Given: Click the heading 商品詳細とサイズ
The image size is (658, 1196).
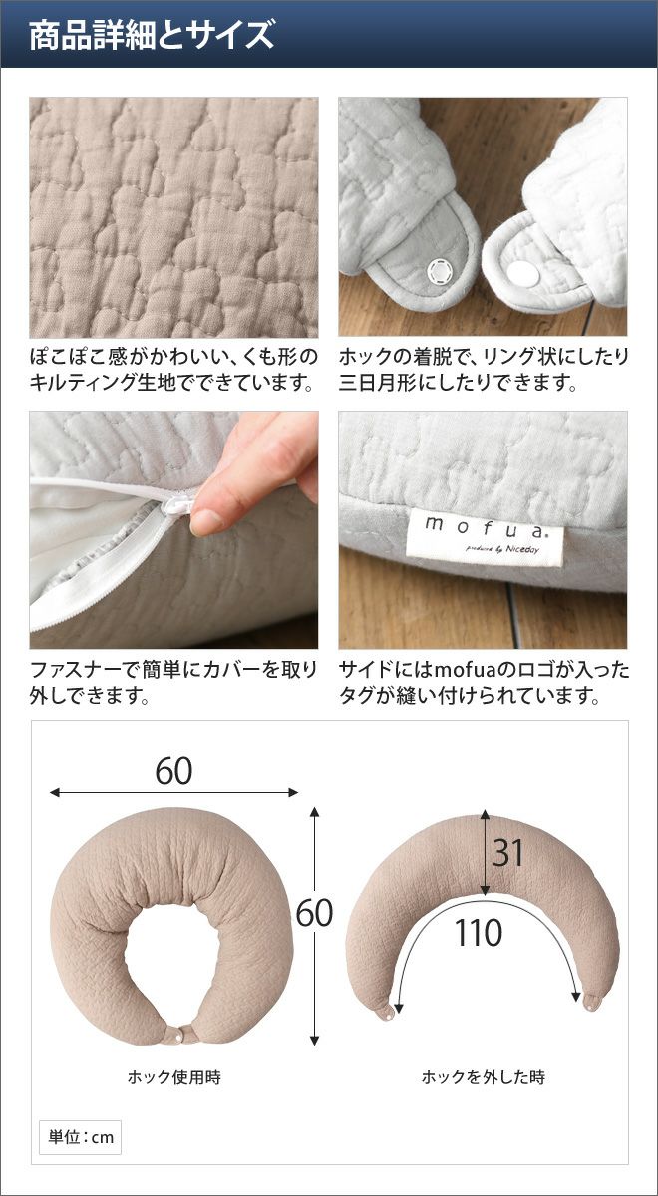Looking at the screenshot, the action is coord(152,35).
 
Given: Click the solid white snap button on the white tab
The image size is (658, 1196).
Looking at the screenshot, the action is coord(522,272).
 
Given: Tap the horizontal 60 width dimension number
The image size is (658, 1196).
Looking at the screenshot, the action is coord(173,771).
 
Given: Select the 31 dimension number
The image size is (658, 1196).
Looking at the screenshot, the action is coord(507,853).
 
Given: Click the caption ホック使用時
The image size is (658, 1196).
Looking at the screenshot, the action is coord(174,1077).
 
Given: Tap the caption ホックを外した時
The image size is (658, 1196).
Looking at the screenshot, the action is coord(484,1077).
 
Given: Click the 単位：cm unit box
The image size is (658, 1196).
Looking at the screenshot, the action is coord(80,1137).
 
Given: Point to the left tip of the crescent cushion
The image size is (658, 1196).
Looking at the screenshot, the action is coord(386,1016).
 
